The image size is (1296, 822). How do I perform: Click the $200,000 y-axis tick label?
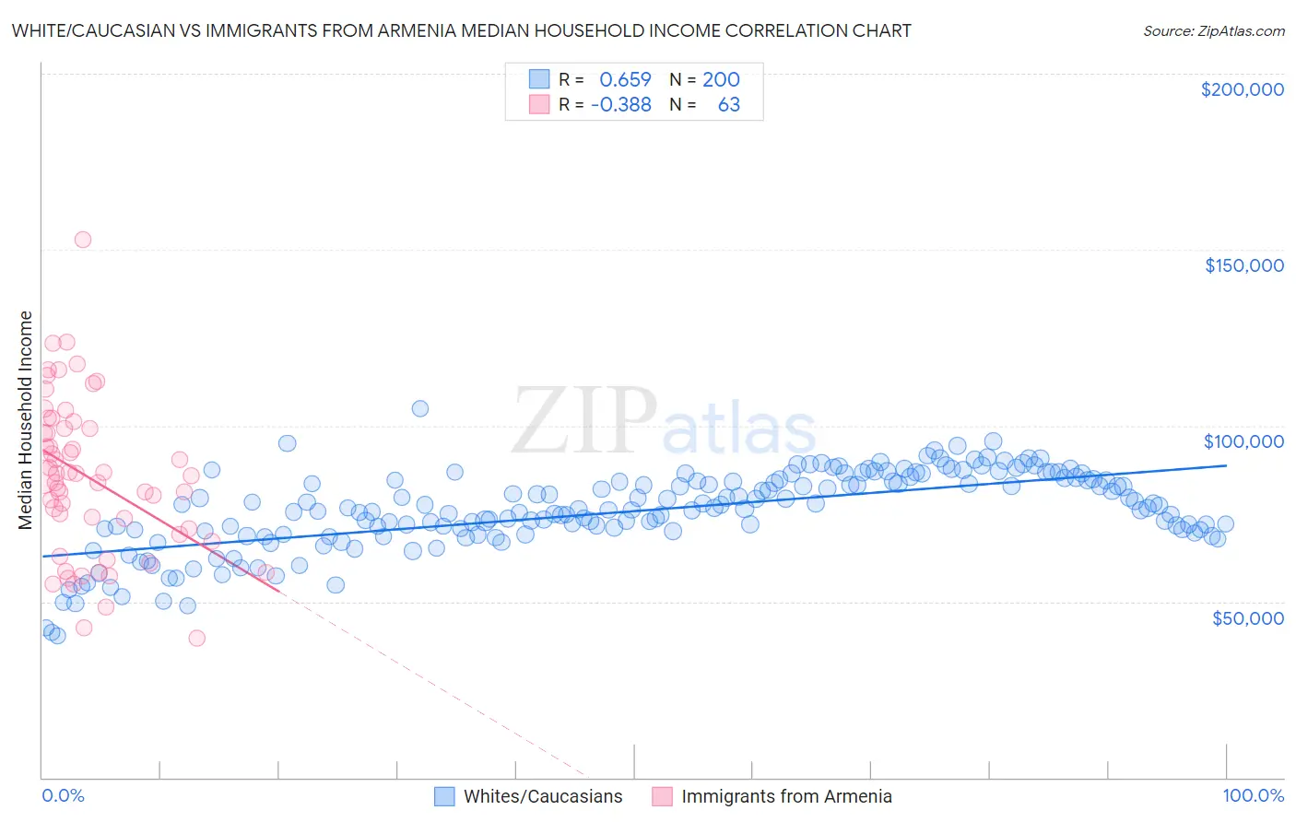tap(1242, 89)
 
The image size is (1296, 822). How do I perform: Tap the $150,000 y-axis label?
tap(1243, 265)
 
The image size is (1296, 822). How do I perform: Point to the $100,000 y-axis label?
tap(1243, 441)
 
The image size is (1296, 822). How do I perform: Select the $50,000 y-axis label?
tap(1247, 617)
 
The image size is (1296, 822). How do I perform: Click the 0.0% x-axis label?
tap(63, 795)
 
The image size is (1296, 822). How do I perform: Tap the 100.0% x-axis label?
tap(1253, 795)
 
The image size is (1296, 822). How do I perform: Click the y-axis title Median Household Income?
tap(25, 420)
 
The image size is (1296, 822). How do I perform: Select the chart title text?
tap(461, 30)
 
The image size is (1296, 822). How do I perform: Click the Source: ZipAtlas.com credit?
tap(1213, 30)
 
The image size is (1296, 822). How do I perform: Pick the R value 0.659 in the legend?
tap(625, 80)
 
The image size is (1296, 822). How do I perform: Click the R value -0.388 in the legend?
tap(620, 105)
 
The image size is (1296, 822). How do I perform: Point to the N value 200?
tap(721, 80)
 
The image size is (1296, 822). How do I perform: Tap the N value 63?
tap(728, 105)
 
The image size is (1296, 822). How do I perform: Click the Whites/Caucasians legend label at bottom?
tap(543, 796)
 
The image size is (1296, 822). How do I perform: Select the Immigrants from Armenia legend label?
tap(786, 796)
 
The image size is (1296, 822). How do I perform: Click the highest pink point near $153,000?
tap(82, 240)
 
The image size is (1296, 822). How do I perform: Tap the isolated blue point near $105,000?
tap(419, 408)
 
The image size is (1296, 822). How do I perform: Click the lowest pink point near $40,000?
tap(196, 638)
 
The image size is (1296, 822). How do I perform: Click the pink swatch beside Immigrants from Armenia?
tap(662, 796)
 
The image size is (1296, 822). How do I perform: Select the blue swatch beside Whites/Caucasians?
tap(444, 796)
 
